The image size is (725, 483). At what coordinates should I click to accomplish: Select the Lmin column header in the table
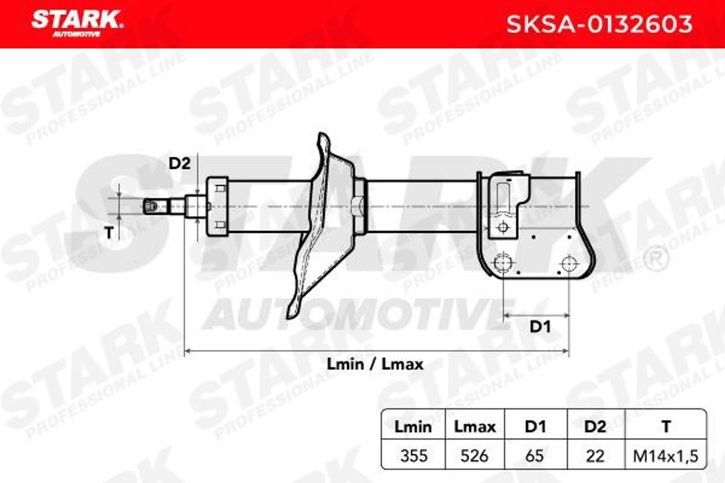413,427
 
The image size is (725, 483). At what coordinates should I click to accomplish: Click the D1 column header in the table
535,427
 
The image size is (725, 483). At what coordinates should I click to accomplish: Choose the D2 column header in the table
595,427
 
